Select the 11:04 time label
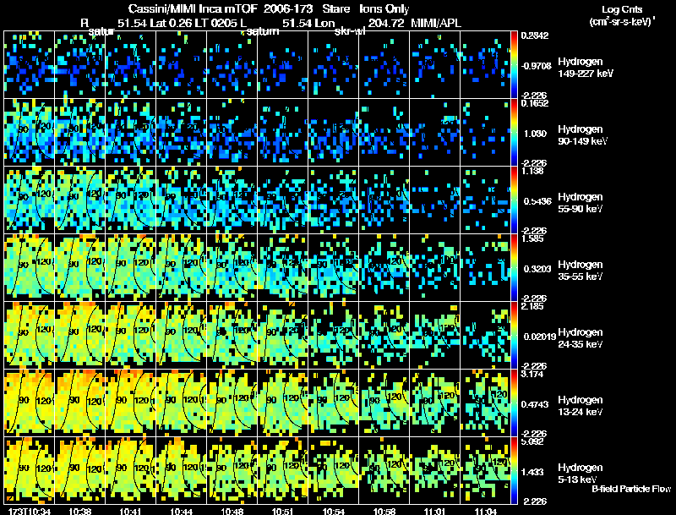coord(486,511)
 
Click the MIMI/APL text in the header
coord(436,23)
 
